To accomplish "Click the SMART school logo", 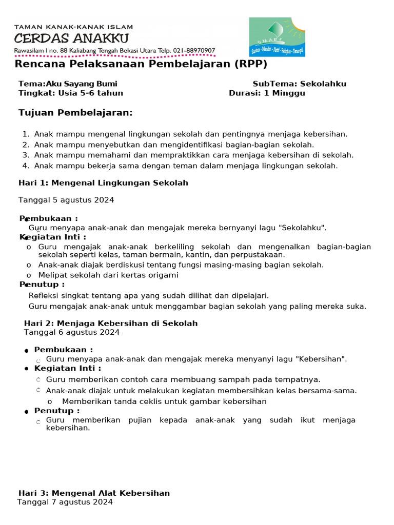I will [277, 37].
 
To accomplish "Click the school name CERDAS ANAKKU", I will [71, 38].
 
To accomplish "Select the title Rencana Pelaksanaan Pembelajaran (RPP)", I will [141, 64].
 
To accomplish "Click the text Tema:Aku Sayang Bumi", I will [68, 84].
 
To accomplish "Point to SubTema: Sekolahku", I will [299, 84].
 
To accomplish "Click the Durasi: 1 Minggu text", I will [267, 93].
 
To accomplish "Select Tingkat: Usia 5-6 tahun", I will [71, 93].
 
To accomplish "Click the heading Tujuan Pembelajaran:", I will [75, 112].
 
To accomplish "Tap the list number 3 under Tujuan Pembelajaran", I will [26, 155].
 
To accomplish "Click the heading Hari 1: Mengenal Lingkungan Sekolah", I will [103, 183].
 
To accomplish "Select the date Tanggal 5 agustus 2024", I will [66, 199].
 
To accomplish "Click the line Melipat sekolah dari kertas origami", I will [108, 275].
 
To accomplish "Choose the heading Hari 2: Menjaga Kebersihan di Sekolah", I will [111, 323].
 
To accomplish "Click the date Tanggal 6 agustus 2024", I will [72, 332].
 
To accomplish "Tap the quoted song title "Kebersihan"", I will [321, 359].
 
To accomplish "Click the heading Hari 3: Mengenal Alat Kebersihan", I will [94, 493].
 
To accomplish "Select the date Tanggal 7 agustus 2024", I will [65, 502].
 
